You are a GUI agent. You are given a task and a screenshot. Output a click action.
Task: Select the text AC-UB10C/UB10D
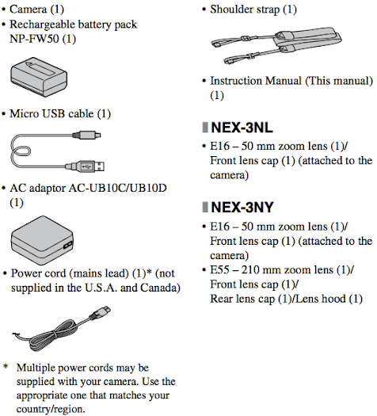coord(118,188)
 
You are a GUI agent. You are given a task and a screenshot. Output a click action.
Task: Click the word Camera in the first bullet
coord(31,9)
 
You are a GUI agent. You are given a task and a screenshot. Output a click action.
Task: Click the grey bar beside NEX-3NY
coord(205,208)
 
